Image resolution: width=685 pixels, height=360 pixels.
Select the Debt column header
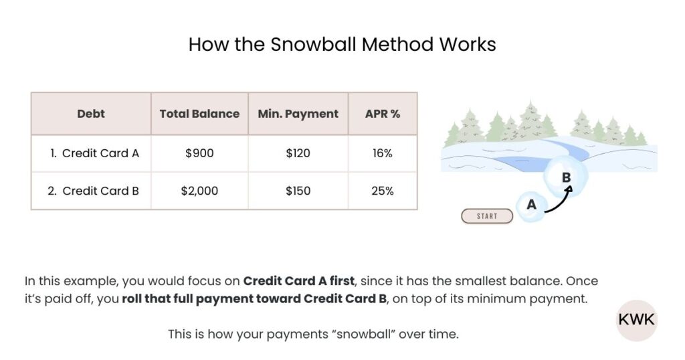91,114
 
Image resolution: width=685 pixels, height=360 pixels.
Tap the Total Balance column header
199,114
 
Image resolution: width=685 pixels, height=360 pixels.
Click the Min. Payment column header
298,114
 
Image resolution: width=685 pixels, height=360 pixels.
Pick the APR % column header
383,114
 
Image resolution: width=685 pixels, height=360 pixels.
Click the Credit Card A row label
94,153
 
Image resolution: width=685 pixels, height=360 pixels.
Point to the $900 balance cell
199,153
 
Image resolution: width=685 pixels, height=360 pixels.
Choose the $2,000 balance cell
199,191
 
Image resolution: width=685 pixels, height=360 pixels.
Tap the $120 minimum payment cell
298,153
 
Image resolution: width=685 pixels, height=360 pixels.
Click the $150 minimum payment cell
298,191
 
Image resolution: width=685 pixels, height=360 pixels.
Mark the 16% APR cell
383,153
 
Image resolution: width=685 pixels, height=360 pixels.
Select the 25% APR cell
383,191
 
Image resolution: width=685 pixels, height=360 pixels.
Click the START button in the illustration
487,216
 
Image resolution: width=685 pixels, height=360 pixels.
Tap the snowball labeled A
532,205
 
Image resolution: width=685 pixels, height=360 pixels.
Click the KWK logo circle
636,320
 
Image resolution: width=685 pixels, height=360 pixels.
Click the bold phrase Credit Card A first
298,280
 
